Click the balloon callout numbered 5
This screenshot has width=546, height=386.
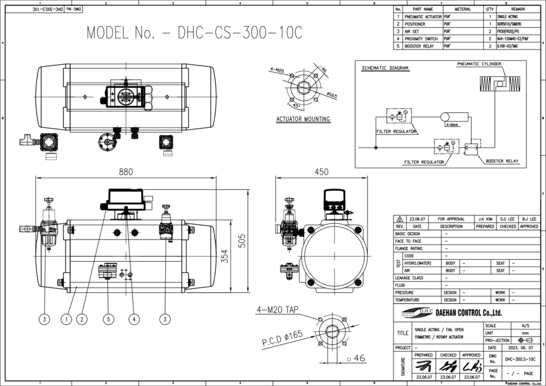click(109, 319)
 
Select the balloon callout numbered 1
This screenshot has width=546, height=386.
click(66, 319)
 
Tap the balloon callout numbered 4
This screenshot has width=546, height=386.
click(135, 319)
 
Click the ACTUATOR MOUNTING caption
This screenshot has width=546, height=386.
click(303, 119)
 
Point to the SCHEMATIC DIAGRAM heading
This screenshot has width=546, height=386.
click(385, 68)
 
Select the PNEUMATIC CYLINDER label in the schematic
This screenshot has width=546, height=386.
click(479, 64)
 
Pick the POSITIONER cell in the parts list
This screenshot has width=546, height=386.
click(415, 24)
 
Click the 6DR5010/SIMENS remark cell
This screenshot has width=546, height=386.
click(510, 24)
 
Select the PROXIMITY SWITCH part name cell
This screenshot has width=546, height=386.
click(421, 39)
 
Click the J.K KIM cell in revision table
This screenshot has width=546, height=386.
click(485, 219)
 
